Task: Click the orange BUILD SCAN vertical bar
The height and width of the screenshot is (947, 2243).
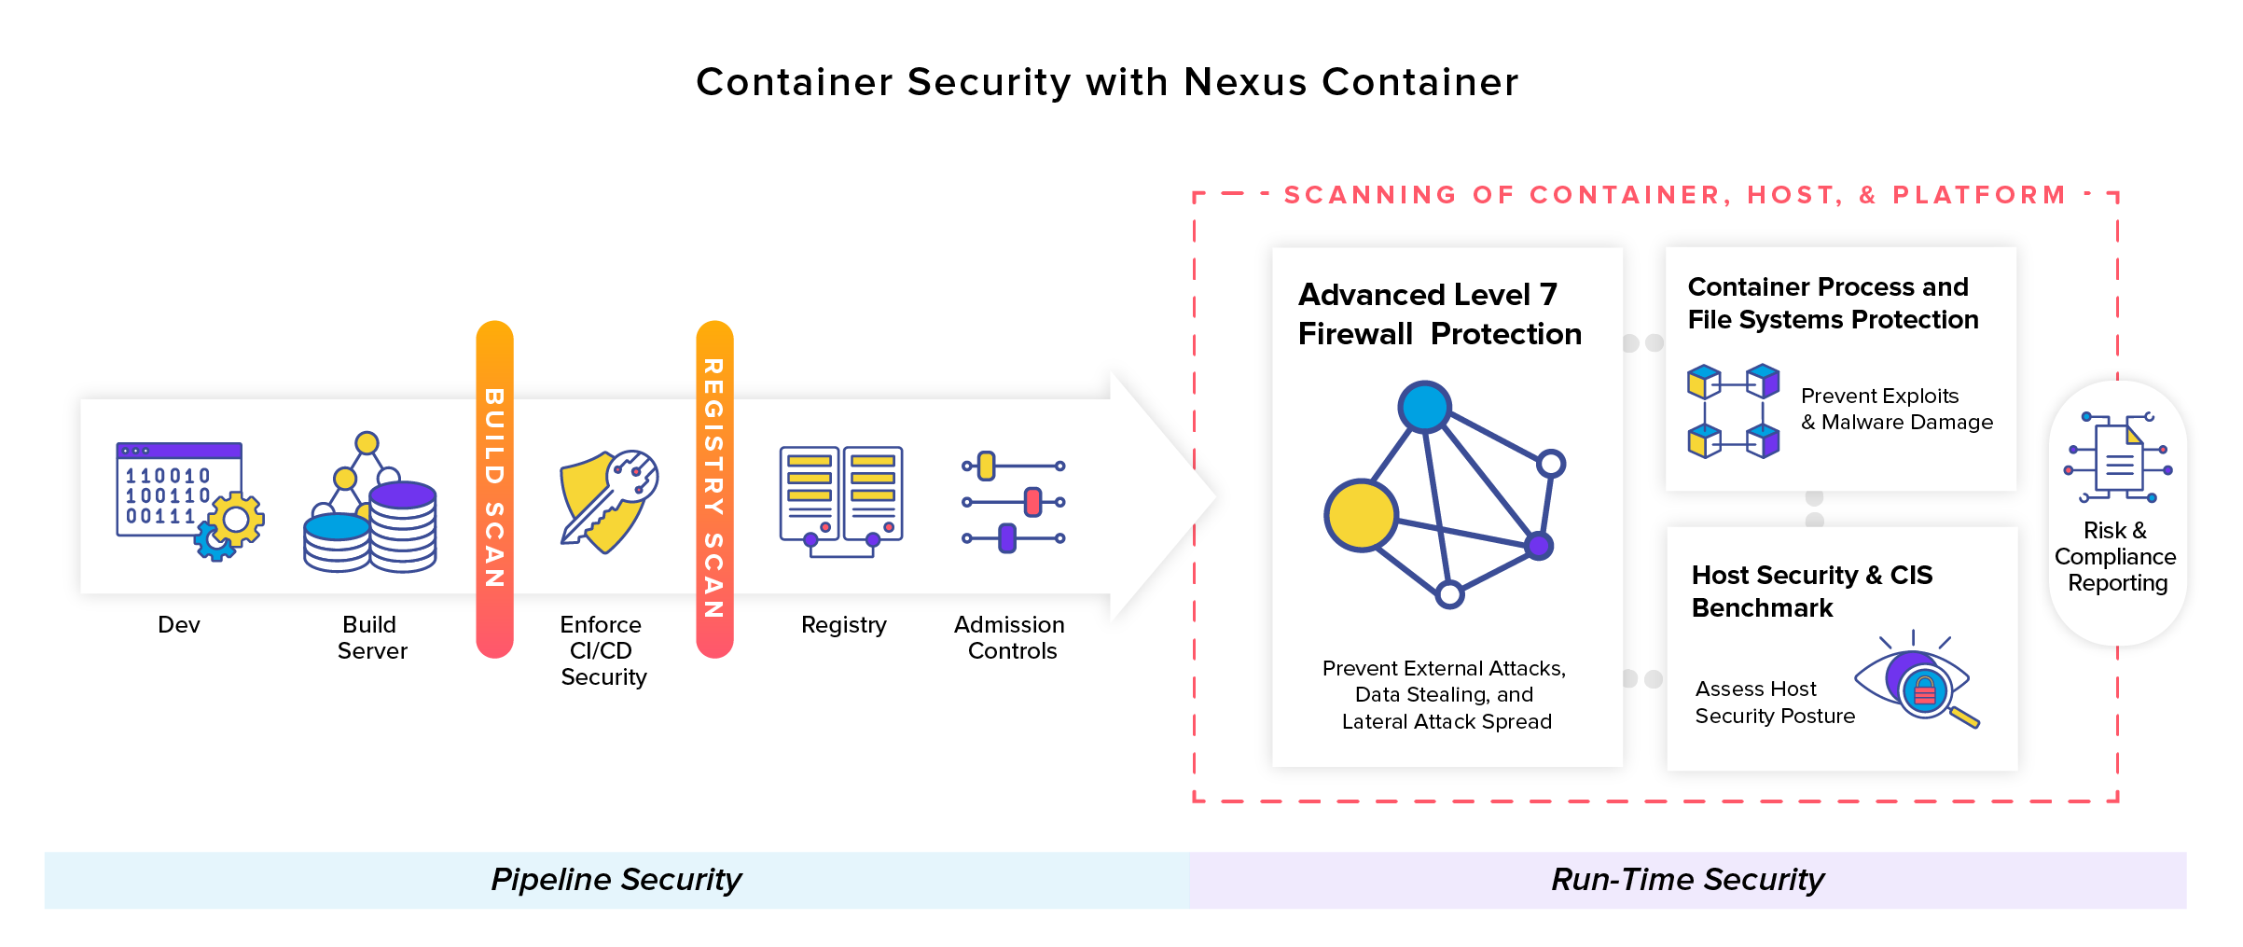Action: click(494, 489)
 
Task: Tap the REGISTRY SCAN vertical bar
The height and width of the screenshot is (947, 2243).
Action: click(714, 489)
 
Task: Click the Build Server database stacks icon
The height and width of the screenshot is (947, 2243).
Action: click(370, 504)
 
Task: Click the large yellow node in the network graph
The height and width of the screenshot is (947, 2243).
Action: click(1361, 515)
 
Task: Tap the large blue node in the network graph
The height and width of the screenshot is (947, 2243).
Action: click(1424, 407)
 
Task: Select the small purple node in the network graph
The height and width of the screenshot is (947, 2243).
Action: click(1538, 546)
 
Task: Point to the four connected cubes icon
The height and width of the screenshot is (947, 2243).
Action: click(1733, 411)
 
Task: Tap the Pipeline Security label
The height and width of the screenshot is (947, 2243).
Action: click(616, 880)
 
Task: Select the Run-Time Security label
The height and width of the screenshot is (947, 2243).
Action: click(1687, 880)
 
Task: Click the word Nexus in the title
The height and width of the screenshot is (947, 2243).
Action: click(1245, 82)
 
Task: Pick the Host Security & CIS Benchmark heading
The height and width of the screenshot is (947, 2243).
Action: click(1811, 591)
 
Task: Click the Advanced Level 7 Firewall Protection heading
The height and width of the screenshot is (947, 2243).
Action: click(1439, 313)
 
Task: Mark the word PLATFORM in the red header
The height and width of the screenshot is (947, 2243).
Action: click(1979, 195)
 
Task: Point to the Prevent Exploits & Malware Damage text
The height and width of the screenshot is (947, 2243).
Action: click(1896, 409)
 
